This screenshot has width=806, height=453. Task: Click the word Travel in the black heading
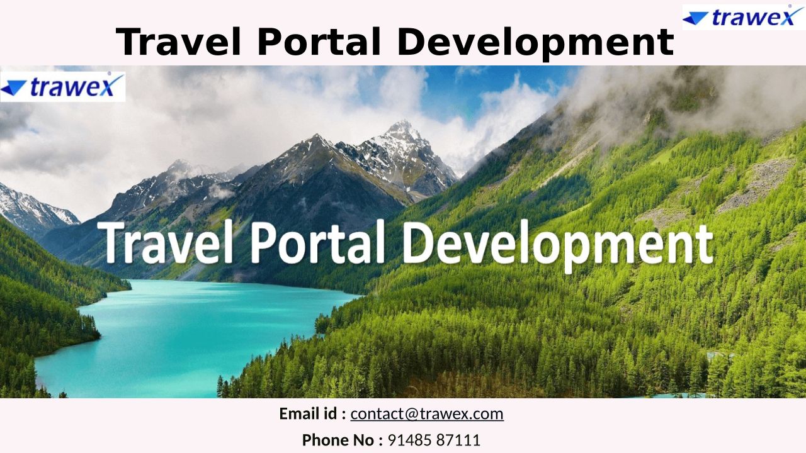coord(178,42)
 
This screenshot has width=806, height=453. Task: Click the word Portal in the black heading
coord(319,42)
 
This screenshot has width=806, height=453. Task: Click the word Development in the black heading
coord(535,43)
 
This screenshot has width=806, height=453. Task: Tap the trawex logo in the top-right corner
coord(744,17)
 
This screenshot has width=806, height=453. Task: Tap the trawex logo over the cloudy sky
coord(62,87)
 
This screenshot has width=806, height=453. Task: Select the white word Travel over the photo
coord(166,243)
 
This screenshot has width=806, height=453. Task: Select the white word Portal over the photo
coord(317,243)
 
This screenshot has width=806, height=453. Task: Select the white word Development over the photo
coord(558,246)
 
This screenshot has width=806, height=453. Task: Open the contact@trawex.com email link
coord(427,414)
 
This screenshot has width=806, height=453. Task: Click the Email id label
coord(313,414)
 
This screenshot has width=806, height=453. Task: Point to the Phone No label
coord(342,440)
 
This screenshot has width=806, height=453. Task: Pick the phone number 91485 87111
coord(434,440)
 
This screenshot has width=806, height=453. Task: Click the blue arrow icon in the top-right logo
coord(695,18)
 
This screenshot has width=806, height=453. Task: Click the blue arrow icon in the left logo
coord(13,87)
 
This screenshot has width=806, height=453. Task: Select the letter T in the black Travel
coord(130,42)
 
